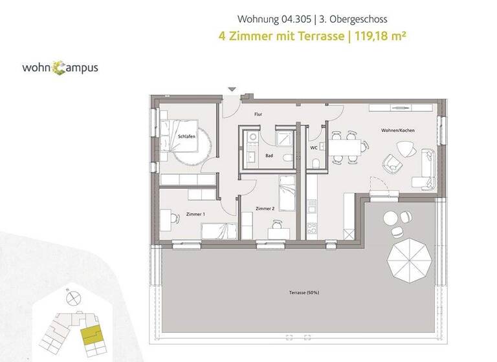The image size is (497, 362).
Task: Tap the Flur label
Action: point(258,114)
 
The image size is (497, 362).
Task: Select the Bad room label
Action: point(268,156)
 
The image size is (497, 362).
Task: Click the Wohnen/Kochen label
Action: point(397,131)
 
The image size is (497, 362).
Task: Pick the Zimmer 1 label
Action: point(195,214)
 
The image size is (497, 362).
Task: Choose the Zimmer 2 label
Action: point(265,209)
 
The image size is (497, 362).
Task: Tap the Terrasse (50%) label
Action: point(304,293)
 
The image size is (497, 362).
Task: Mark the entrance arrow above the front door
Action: point(232,90)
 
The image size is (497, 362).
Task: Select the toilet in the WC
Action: point(315,165)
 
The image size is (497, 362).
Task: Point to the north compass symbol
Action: point(72,297)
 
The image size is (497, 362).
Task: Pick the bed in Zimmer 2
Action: point(286,193)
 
